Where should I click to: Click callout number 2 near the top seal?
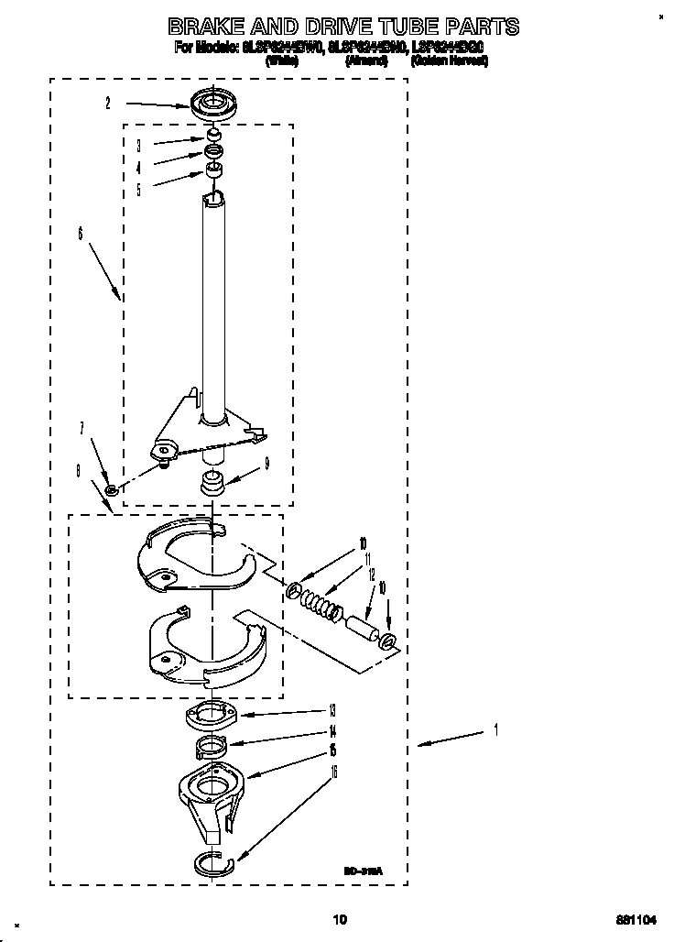coord(107,104)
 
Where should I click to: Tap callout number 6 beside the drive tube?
coord(81,235)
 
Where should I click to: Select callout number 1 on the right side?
coord(495,729)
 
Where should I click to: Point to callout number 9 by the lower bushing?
coord(266,464)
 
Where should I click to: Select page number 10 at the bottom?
coord(340,919)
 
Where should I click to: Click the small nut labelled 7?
coord(111,491)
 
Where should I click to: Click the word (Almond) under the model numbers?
coord(365,61)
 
